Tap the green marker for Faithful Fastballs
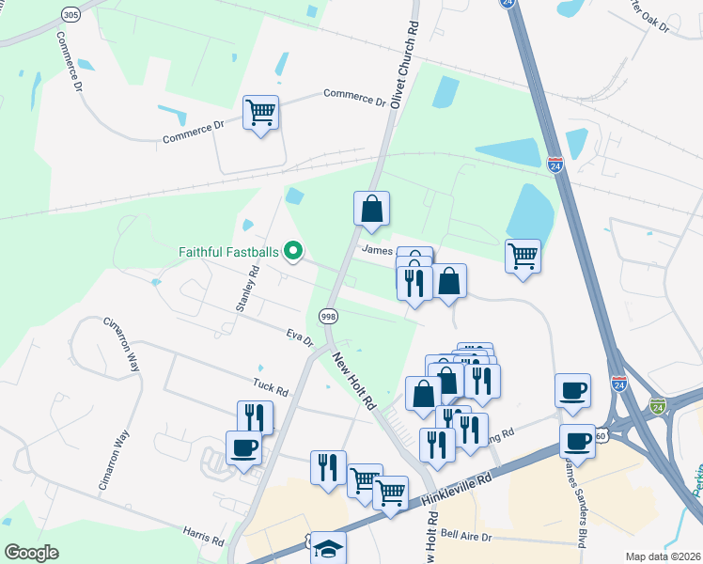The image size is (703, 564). pos(293,251)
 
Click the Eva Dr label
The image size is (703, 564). pos(300,337)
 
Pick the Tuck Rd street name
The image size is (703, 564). pos(269,384)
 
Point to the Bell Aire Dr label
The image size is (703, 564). pos(467,537)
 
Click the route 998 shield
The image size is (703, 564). pos(328,317)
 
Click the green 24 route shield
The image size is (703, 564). pos(657,405)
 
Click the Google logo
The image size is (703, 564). pos(31,553)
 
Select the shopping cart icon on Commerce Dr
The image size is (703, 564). pos(260,113)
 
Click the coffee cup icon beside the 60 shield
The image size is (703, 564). pos(577,441)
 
